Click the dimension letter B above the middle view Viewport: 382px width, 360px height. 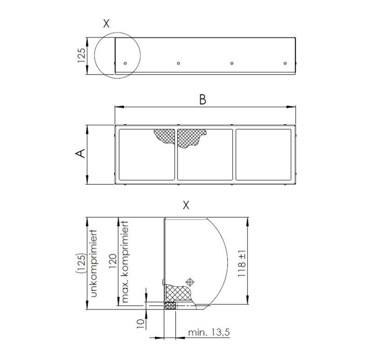tap(203, 99)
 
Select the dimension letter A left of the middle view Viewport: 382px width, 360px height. tap(81, 153)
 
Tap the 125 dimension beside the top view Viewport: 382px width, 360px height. tap(82, 55)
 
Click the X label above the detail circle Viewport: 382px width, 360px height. tap(106, 24)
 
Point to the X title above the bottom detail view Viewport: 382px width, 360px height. tap(186, 205)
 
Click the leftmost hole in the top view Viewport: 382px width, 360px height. tap(125, 63)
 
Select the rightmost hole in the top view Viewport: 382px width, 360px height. tap(285, 63)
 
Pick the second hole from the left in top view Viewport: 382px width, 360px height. tap(179, 63)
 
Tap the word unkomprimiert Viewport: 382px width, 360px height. tap(94, 263)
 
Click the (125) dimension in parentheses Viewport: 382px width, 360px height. tap(82, 263)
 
